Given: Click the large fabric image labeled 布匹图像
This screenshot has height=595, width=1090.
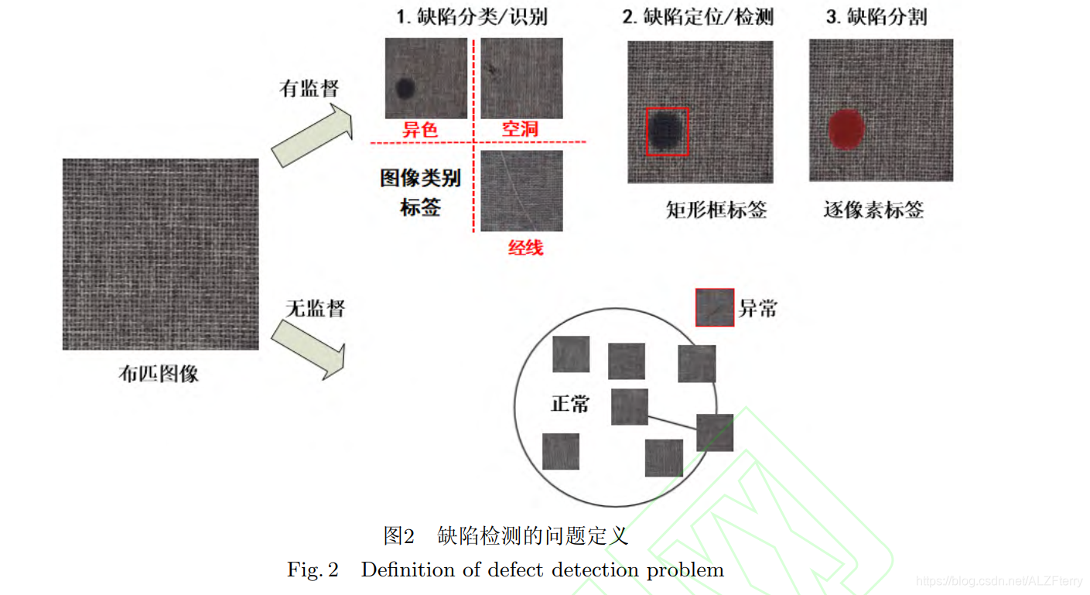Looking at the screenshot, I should tap(160, 254).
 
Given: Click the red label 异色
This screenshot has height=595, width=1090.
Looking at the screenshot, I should tap(420, 129).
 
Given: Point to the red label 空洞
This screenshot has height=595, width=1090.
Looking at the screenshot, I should tap(520, 128).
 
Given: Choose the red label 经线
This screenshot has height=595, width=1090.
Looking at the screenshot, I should tap(525, 248).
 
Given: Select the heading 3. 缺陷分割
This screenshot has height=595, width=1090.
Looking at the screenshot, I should tap(876, 17).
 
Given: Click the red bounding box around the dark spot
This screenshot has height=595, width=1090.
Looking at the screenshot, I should tap(667, 132).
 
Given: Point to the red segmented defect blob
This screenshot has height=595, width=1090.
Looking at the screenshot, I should tap(846, 128).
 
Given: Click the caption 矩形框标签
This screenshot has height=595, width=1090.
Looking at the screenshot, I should tap(716, 210).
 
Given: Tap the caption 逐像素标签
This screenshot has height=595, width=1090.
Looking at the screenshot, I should tap(873, 210).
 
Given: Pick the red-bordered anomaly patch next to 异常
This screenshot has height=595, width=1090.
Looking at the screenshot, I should tap(714, 307).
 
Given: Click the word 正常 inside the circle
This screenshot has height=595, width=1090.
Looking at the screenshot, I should tap(570, 403).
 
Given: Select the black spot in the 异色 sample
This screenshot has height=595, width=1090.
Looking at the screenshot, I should tap(404, 88).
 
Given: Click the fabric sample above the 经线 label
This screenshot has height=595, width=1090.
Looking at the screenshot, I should tap(521, 190).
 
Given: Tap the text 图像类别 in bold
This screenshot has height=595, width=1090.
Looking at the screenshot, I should tap(420, 179).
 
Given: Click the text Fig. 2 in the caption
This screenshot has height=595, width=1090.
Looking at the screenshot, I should tap(313, 570).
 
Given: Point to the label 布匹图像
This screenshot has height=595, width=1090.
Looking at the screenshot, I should tap(159, 374).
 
